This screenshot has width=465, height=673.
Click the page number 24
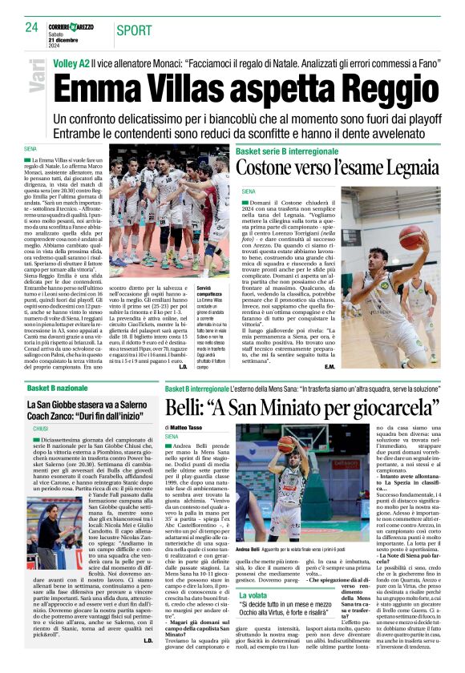coord(32,26)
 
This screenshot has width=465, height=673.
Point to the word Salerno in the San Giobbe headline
coord(127,406)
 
